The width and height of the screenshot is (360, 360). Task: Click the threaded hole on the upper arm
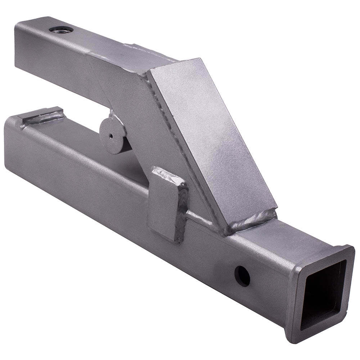61,30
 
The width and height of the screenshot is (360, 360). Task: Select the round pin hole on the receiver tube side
242,276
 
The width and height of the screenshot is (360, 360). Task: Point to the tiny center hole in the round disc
111,136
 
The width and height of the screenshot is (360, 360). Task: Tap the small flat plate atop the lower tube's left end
41,114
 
